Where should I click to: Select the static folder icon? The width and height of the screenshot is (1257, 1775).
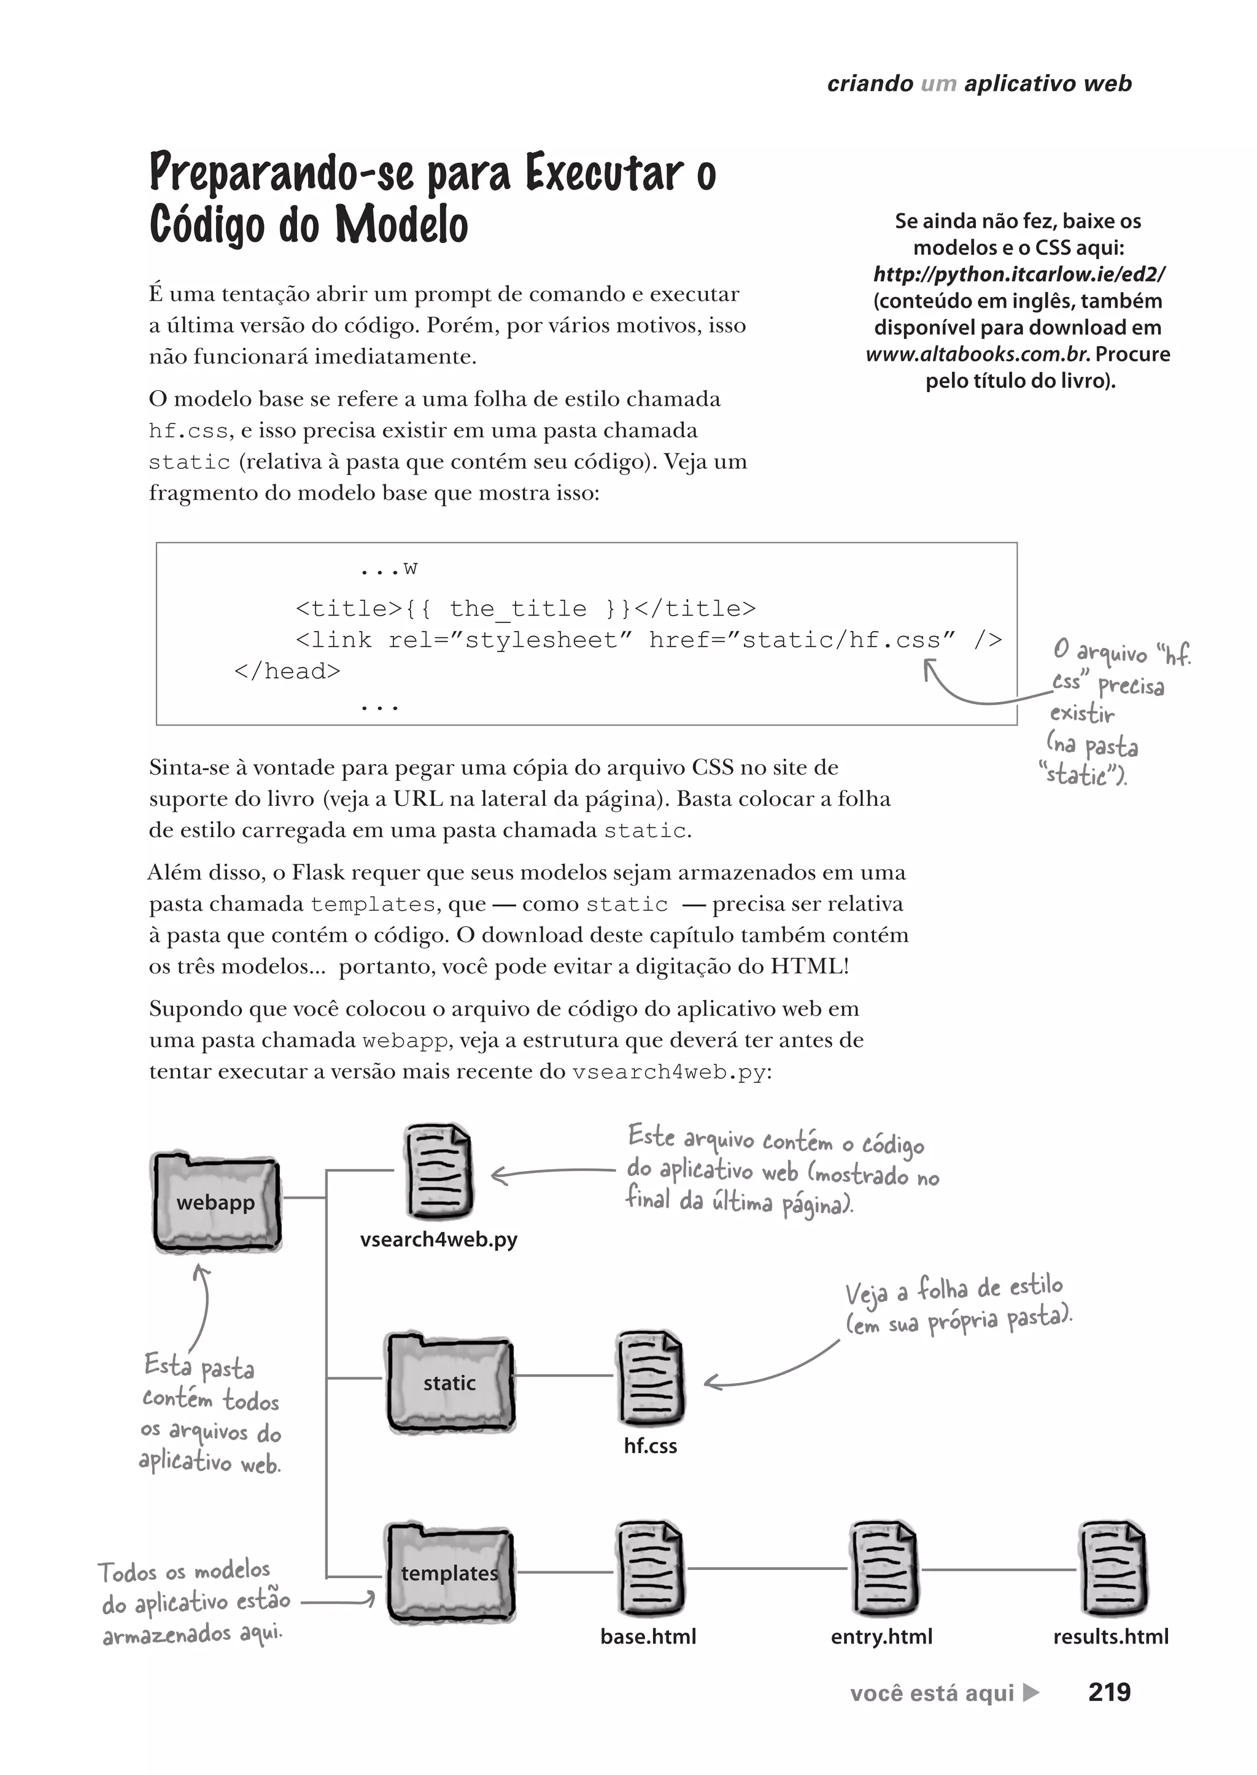coord(450,1383)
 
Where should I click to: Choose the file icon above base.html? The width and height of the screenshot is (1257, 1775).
coord(650,1569)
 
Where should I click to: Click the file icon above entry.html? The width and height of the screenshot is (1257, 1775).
coord(884,1569)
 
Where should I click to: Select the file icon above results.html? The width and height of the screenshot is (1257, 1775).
coord(1112,1569)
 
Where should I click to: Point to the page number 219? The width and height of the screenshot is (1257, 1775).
coord(1109,1692)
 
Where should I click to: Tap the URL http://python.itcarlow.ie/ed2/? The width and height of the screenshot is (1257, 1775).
coord(1019,274)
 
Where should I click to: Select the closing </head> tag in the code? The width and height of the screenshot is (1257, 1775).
coord(287,671)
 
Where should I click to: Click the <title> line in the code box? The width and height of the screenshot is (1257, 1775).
coord(525,608)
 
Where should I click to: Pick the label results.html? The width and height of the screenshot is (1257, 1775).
coord(1111,1636)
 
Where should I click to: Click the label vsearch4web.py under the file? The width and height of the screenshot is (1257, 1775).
coord(438,1239)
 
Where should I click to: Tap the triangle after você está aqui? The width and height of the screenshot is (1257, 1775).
coord(1031,1692)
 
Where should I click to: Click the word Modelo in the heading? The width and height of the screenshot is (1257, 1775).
coord(402,225)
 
